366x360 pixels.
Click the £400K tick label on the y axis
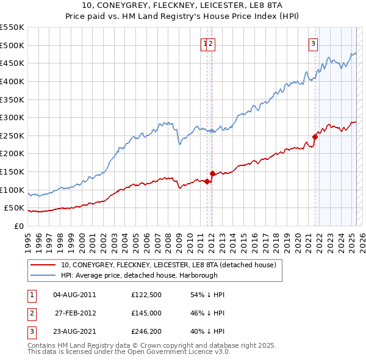pyautogui.click(x=12, y=81)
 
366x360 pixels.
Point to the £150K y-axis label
pyautogui.click(x=12, y=171)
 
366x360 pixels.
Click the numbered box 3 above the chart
pyautogui.click(x=313, y=43)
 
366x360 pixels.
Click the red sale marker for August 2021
pyautogui.click(x=315, y=137)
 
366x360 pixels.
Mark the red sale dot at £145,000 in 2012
pyautogui.click(x=213, y=173)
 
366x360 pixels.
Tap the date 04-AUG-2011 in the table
pyautogui.click(x=74, y=295)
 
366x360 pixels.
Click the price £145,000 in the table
pyautogui.click(x=146, y=313)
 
